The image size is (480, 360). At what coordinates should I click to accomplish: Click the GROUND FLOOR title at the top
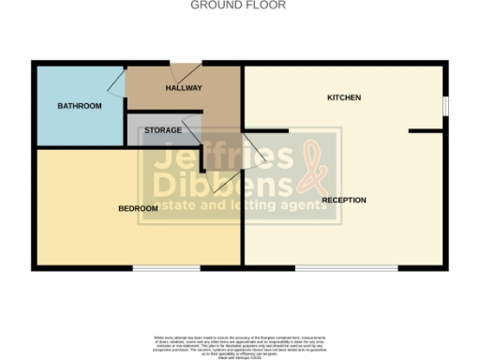238,6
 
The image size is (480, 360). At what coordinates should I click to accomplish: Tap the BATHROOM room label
79,106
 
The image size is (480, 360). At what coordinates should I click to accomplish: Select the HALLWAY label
184,88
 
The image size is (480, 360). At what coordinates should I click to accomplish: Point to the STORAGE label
163,130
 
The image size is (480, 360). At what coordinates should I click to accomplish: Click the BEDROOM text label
138,208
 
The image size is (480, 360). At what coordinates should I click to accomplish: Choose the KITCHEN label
343,97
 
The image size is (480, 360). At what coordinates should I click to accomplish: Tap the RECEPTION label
344,200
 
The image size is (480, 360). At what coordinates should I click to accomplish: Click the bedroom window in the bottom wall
166,269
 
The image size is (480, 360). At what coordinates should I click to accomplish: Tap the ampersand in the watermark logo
310,167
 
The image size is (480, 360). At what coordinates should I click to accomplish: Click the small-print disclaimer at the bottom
238,341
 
